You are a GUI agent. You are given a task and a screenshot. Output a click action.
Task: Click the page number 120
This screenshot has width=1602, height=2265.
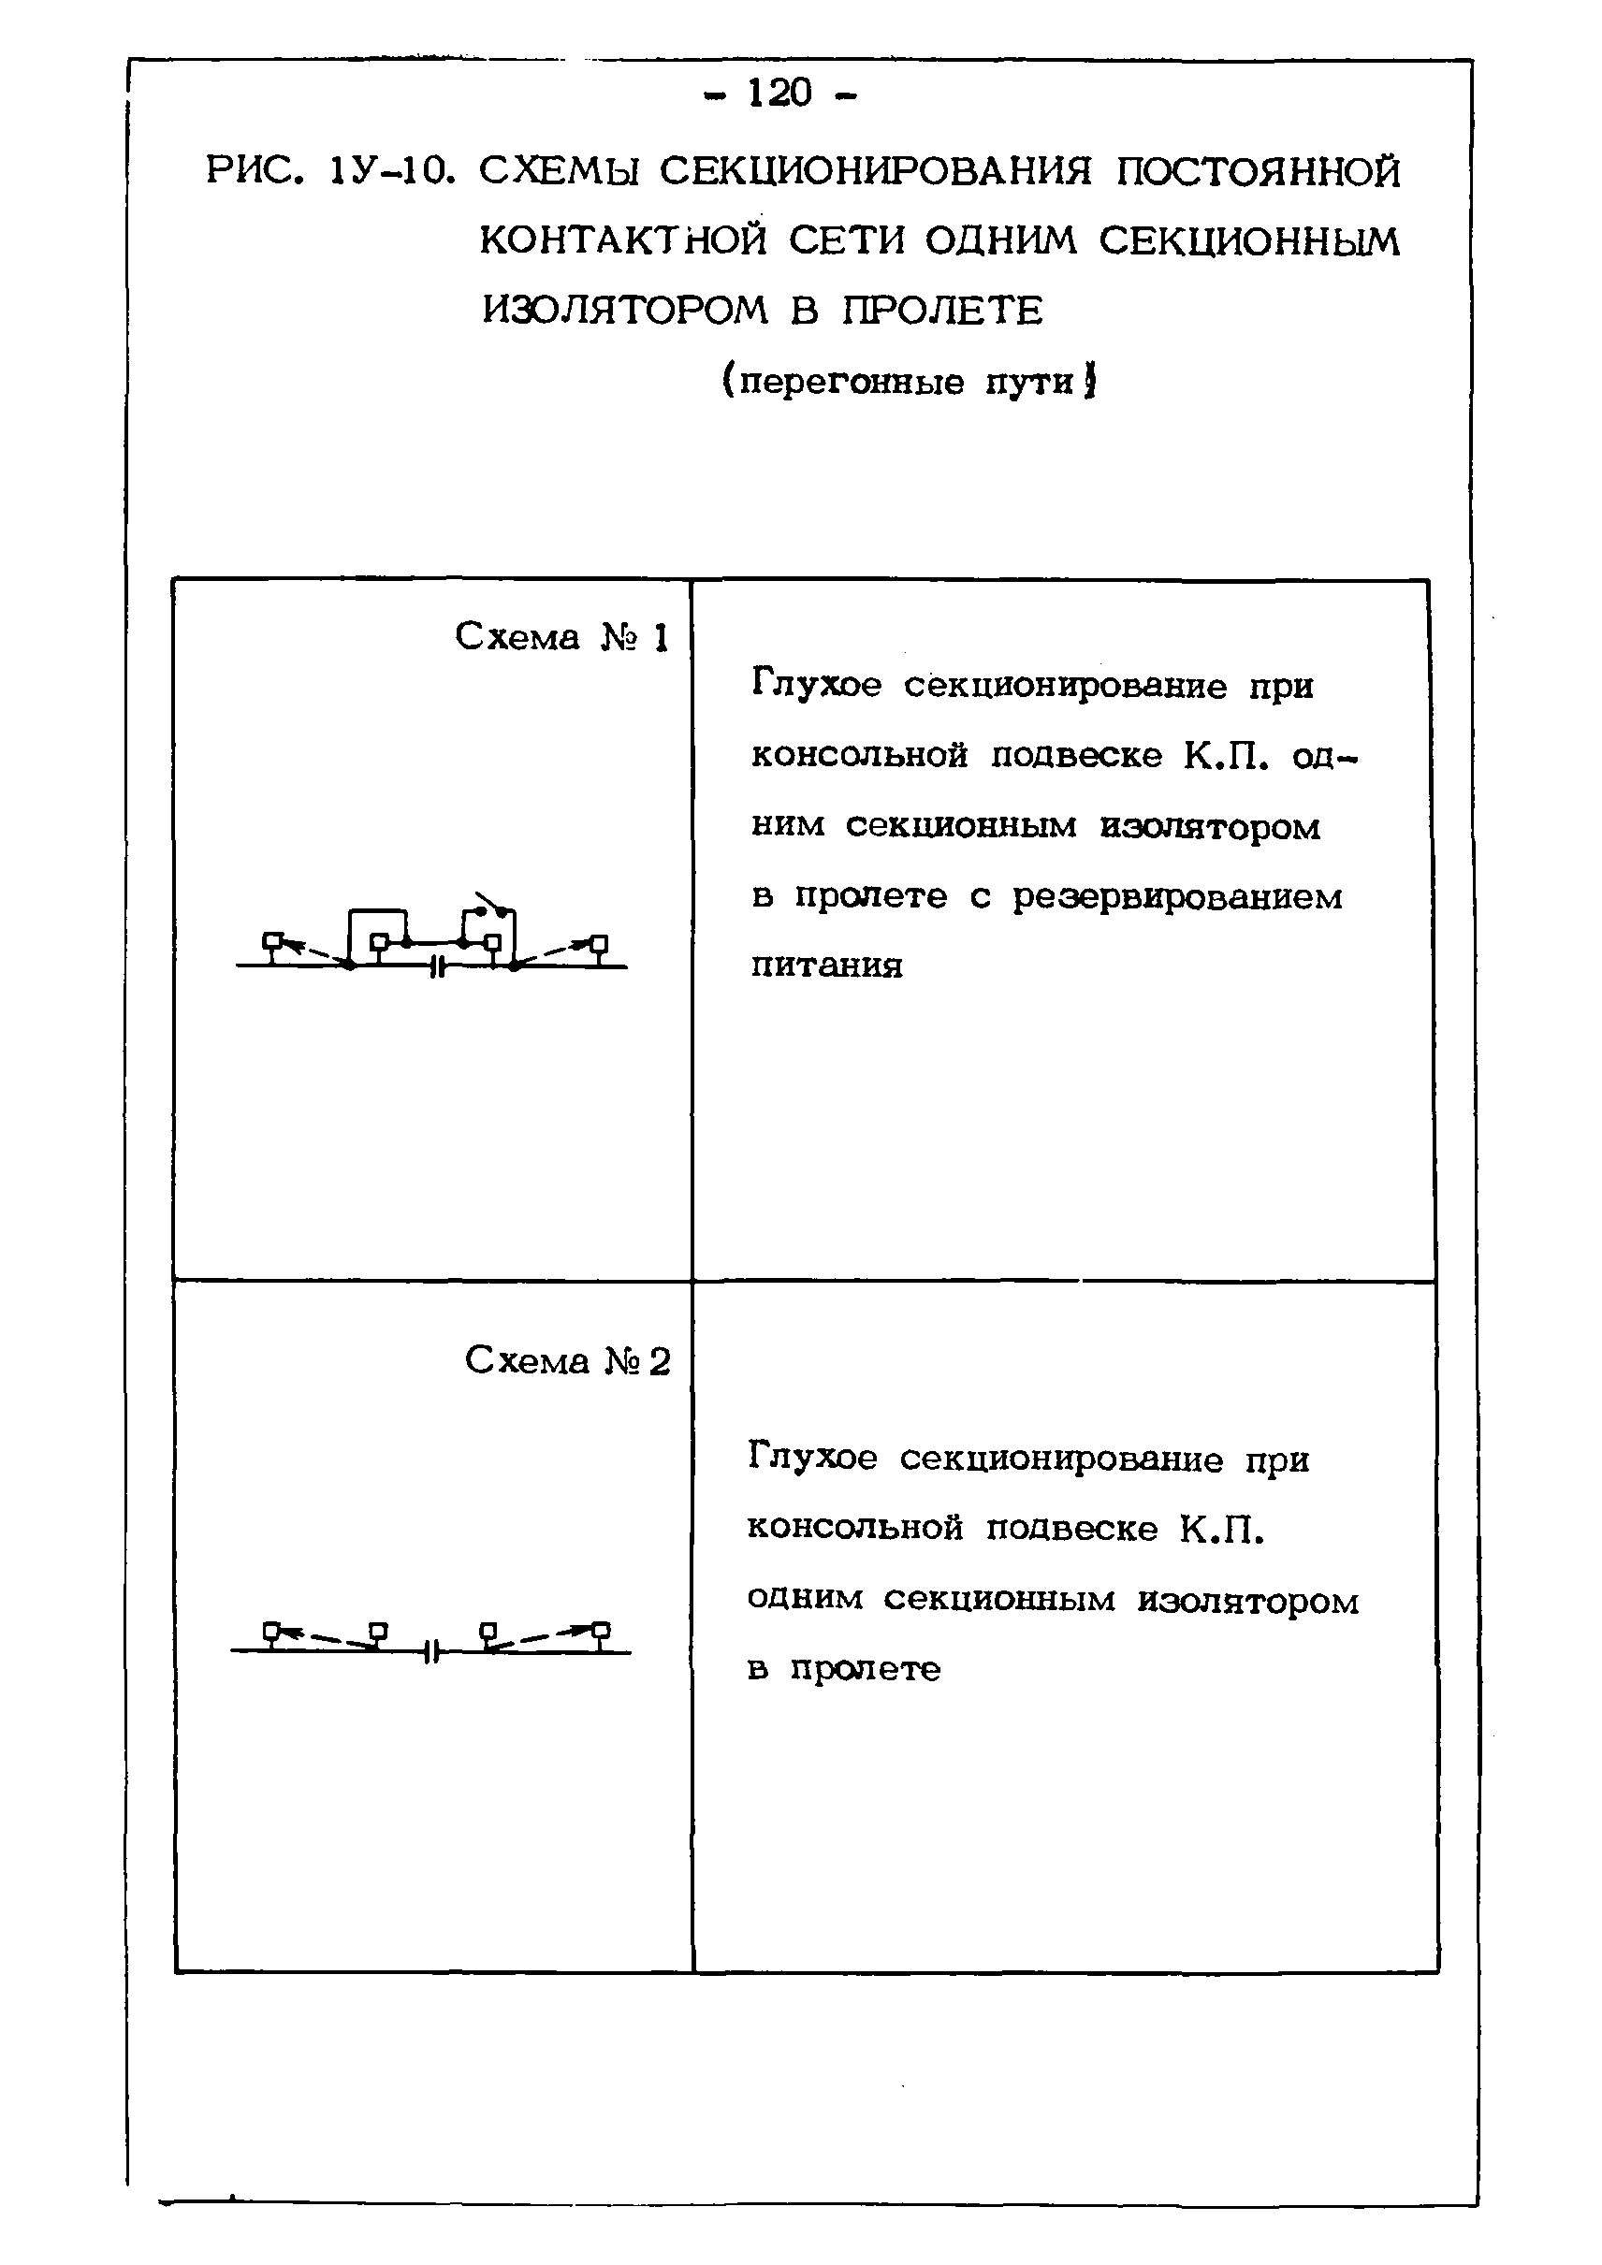click(779, 94)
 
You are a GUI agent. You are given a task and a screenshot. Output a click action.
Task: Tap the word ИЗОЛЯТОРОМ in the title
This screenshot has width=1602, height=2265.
click(624, 311)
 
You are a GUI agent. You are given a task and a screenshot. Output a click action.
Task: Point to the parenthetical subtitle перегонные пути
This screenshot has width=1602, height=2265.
click(908, 381)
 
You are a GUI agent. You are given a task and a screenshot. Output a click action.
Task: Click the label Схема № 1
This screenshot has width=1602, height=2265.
click(561, 637)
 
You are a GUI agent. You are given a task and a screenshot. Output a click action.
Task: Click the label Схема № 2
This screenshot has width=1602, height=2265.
click(567, 1361)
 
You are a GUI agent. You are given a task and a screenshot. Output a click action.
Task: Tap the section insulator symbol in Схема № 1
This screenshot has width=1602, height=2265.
click(439, 967)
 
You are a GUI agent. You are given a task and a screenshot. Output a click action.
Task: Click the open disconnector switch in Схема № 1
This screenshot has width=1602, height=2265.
click(491, 904)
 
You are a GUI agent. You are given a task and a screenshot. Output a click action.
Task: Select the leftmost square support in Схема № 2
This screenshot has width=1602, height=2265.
click(272, 1629)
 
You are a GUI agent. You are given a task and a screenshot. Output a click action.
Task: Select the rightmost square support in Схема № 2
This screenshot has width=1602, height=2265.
click(600, 1629)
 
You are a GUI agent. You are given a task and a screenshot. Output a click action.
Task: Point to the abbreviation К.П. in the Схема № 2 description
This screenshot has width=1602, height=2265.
click(1221, 1529)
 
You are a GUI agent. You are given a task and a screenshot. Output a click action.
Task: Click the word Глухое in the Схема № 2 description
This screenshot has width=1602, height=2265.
click(812, 1458)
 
